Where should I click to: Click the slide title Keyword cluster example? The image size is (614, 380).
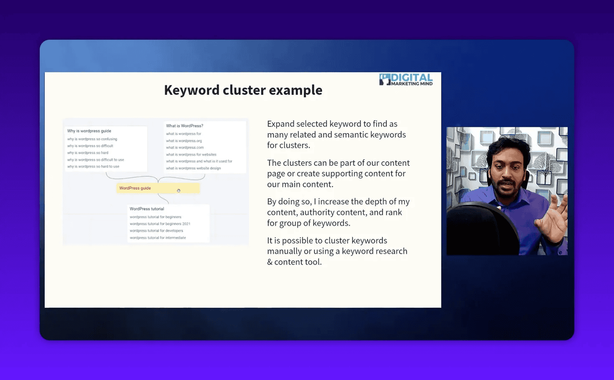pos(243,90)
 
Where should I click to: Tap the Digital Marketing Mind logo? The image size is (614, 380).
pos(406,79)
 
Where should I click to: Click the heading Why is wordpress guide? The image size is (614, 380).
pos(89,131)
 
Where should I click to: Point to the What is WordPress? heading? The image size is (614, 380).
pos(185,126)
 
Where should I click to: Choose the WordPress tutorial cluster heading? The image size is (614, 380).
pos(147,209)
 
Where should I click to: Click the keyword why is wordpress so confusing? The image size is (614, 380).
pos(92,139)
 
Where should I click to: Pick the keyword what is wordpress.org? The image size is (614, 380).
pos(184,141)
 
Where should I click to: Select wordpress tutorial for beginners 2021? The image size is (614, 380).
pos(160,224)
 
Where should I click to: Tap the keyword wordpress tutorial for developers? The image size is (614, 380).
pos(156,231)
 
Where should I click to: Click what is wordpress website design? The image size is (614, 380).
pos(193,168)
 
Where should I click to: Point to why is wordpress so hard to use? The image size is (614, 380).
pos(93,167)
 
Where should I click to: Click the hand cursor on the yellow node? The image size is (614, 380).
pos(178,190)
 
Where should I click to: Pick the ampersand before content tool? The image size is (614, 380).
pos(270,262)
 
